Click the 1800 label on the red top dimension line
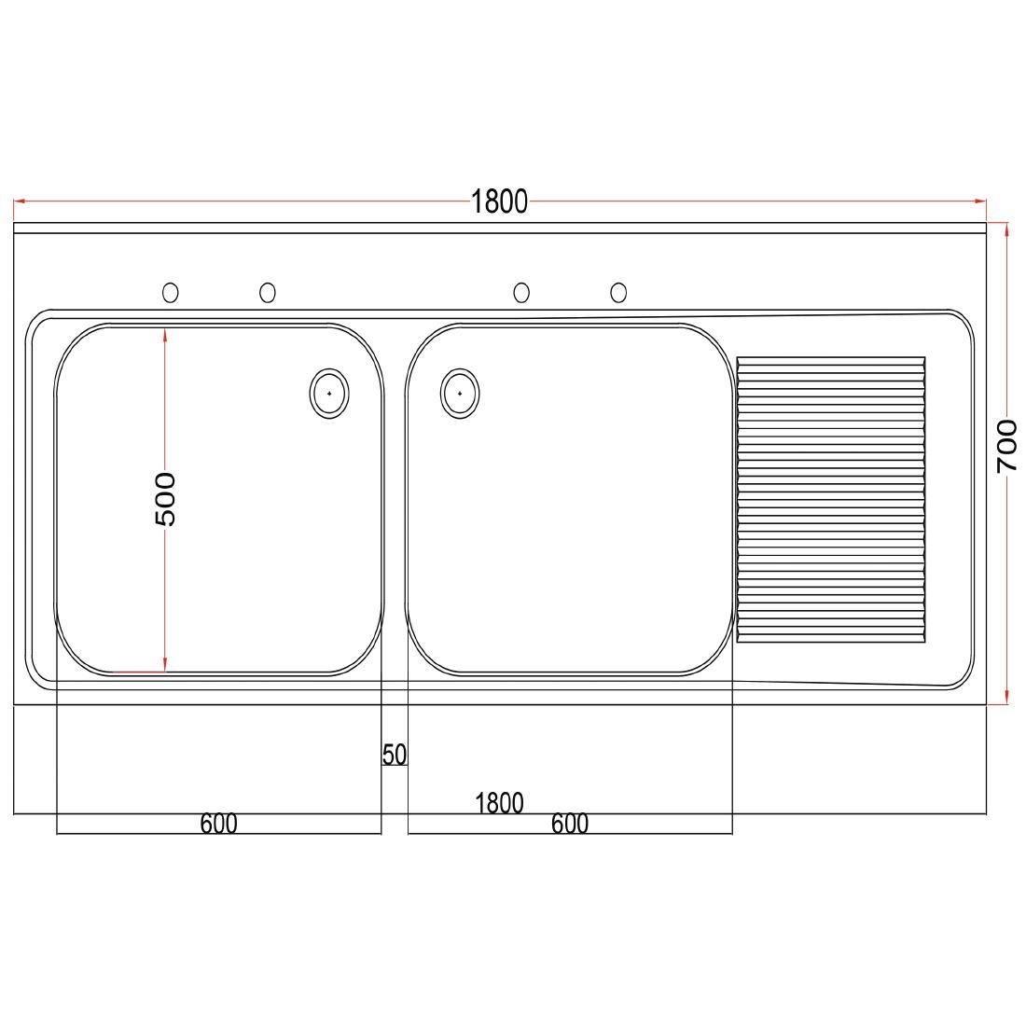pyautogui.click(x=499, y=201)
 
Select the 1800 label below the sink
pyautogui.click(x=499, y=803)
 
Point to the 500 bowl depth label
pyautogui.click(x=164, y=499)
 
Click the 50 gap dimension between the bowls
pyautogui.click(x=395, y=755)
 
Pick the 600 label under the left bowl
pyautogui.click(x=219, y=825)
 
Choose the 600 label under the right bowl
pyautogui.click(x=570, y=825)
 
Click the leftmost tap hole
pyautogui.click(x=171, y=293)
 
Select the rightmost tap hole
pyautogui.click(x=618, y=293)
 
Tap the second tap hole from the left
pyautogui.click(x=268, y=293)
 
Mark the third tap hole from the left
pyautogui.click(x=521, y=293)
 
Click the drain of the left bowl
pyautogui.click(x=329, y=394)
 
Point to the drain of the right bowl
pyautogui.click(x=460, y=394)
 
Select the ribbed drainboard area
pyautogui.click(x=831, y=500)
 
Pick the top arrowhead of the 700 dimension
pyautogui.click(x=1007, y=229)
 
